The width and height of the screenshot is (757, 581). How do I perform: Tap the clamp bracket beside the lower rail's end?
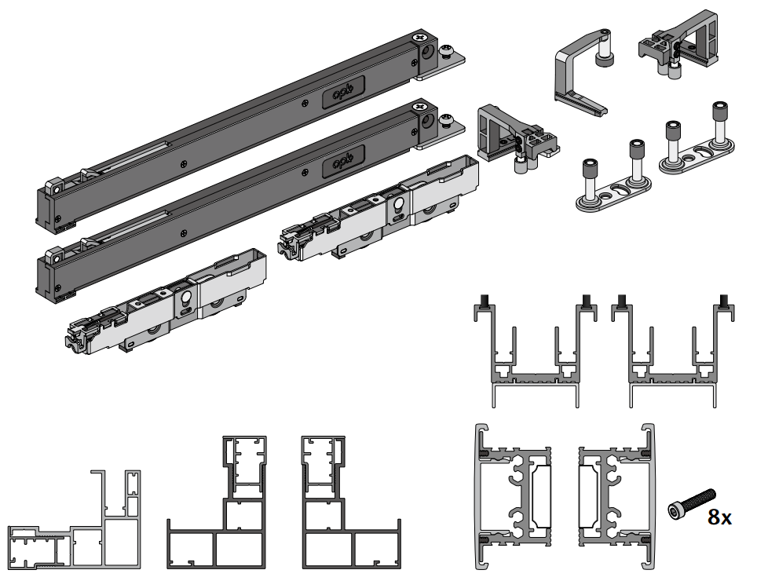514,137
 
